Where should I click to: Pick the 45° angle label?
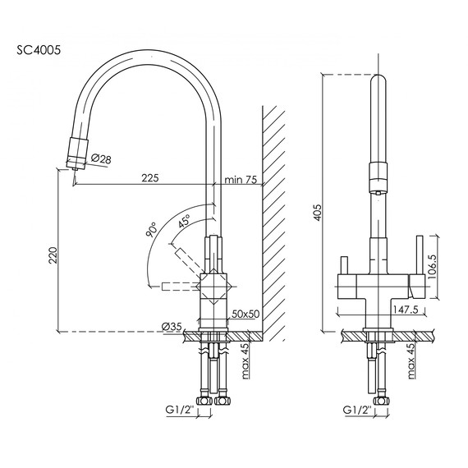185,220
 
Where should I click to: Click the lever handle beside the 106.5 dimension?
421,262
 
